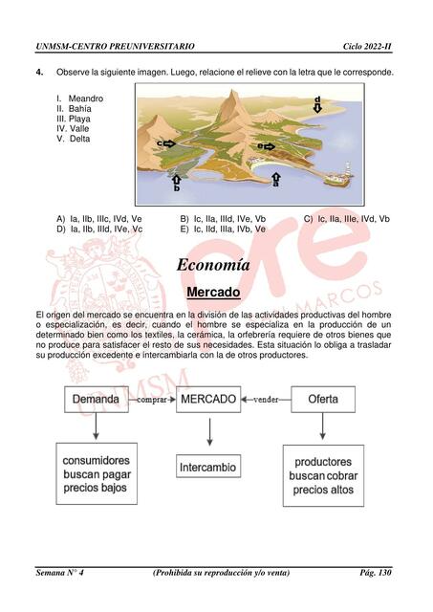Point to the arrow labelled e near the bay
(x=269, y=146)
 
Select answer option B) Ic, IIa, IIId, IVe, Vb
(x=223, y=219)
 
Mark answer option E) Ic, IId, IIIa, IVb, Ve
(x=223, y=229)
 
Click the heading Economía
(x=213, y=265)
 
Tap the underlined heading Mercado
(x=213, y=291)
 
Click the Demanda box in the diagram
(x=96, y=399)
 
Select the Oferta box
(x=321, y=399)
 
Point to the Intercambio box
(x=207, y=468)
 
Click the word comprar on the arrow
(x=151, y=400)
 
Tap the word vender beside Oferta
(x=265, y=400)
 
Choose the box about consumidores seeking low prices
(x=95, y=473)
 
